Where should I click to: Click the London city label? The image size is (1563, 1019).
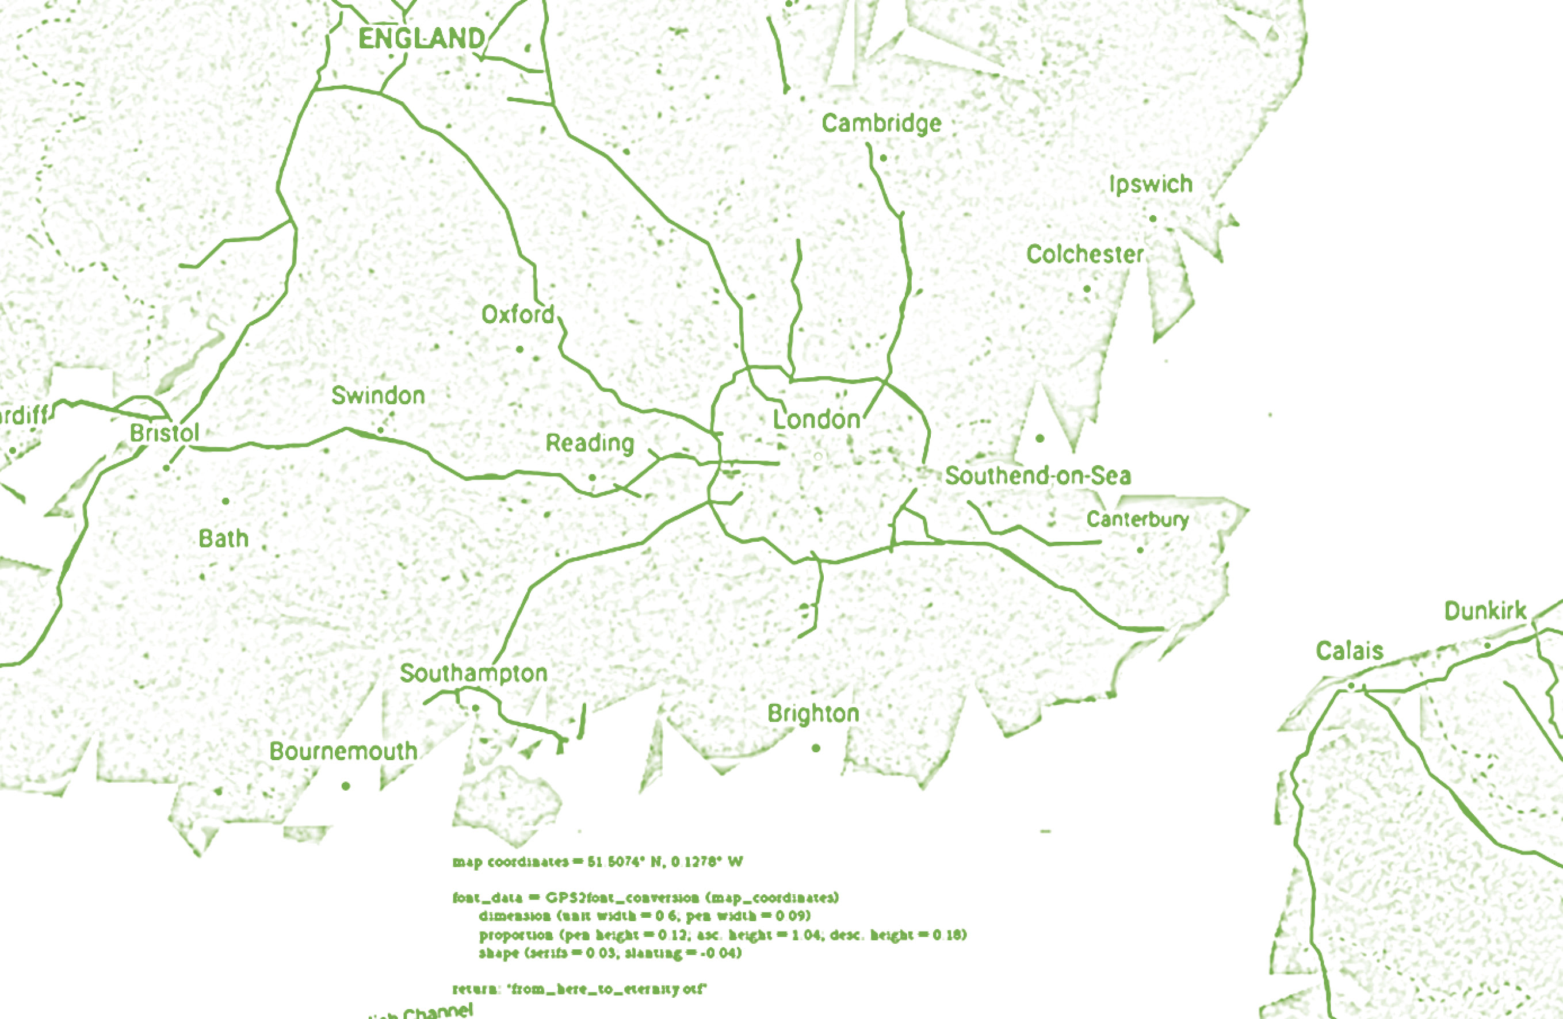[x=816, y=420]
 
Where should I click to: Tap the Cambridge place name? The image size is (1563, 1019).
[x=881, y=124]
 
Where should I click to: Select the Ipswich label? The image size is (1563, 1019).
[x=1151, y=185]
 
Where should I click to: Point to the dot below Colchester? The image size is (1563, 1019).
[x=1087, y=289]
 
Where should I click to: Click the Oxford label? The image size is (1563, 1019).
[x=518, y=315]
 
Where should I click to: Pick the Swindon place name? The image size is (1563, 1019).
[x=379, y=395]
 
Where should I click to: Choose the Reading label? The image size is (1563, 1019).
[x=590, y=443]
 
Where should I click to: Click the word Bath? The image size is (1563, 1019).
[x=223, y=539]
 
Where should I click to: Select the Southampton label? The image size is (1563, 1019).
[x=473, y=673]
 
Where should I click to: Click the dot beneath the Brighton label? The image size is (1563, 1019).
[x=816, y=748]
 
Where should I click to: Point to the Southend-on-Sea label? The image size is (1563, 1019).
[x=1038, y=476]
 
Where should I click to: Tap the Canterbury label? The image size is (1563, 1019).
[x=1137, y=519]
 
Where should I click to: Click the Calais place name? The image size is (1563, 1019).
[x=1350, y=650]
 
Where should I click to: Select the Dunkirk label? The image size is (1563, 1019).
[x=1485, y=611]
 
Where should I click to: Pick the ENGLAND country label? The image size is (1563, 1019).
[x=422, y=39]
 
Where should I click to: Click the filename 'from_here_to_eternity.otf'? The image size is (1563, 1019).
[x=607, y=989]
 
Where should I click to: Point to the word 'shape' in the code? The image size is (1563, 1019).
[x=498, y=953]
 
